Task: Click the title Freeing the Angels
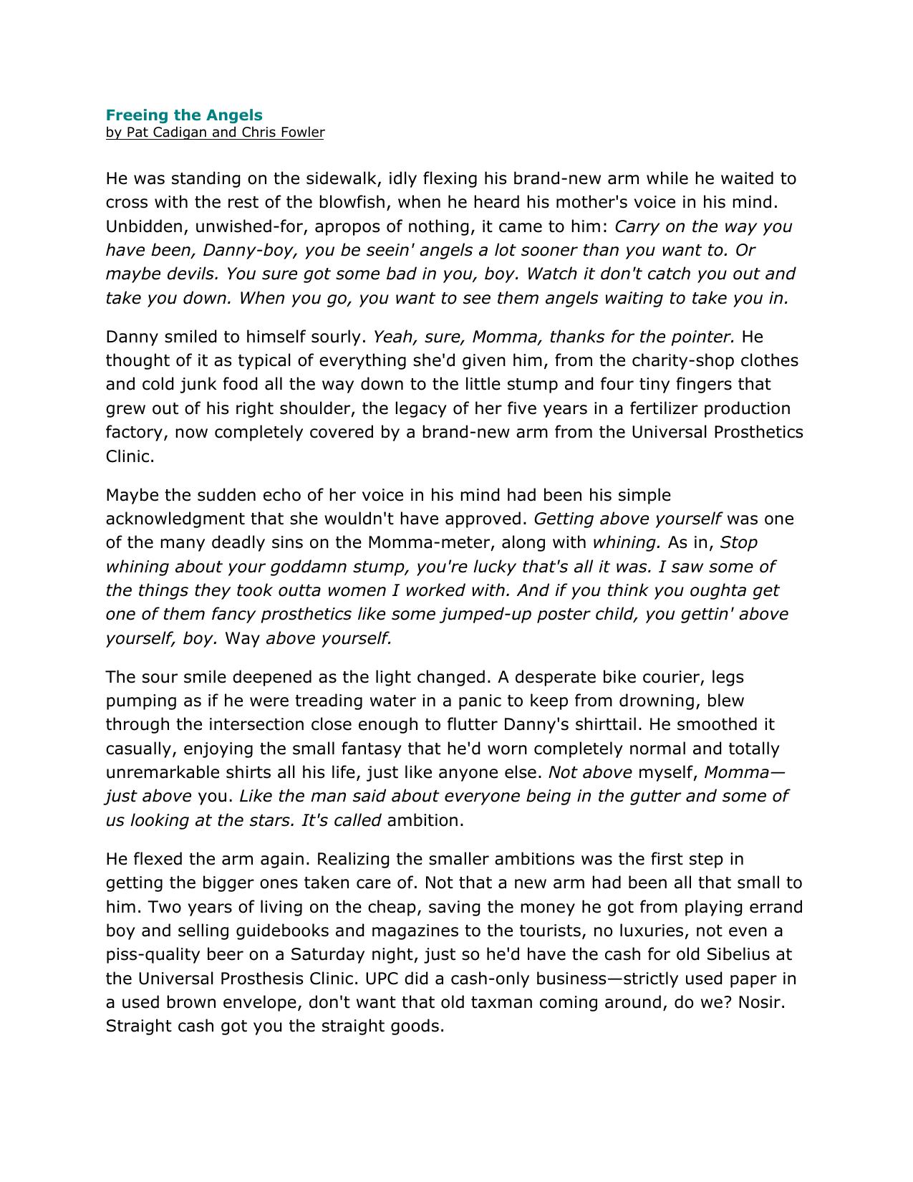pos(184,115)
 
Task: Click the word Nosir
pos(760,1002)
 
